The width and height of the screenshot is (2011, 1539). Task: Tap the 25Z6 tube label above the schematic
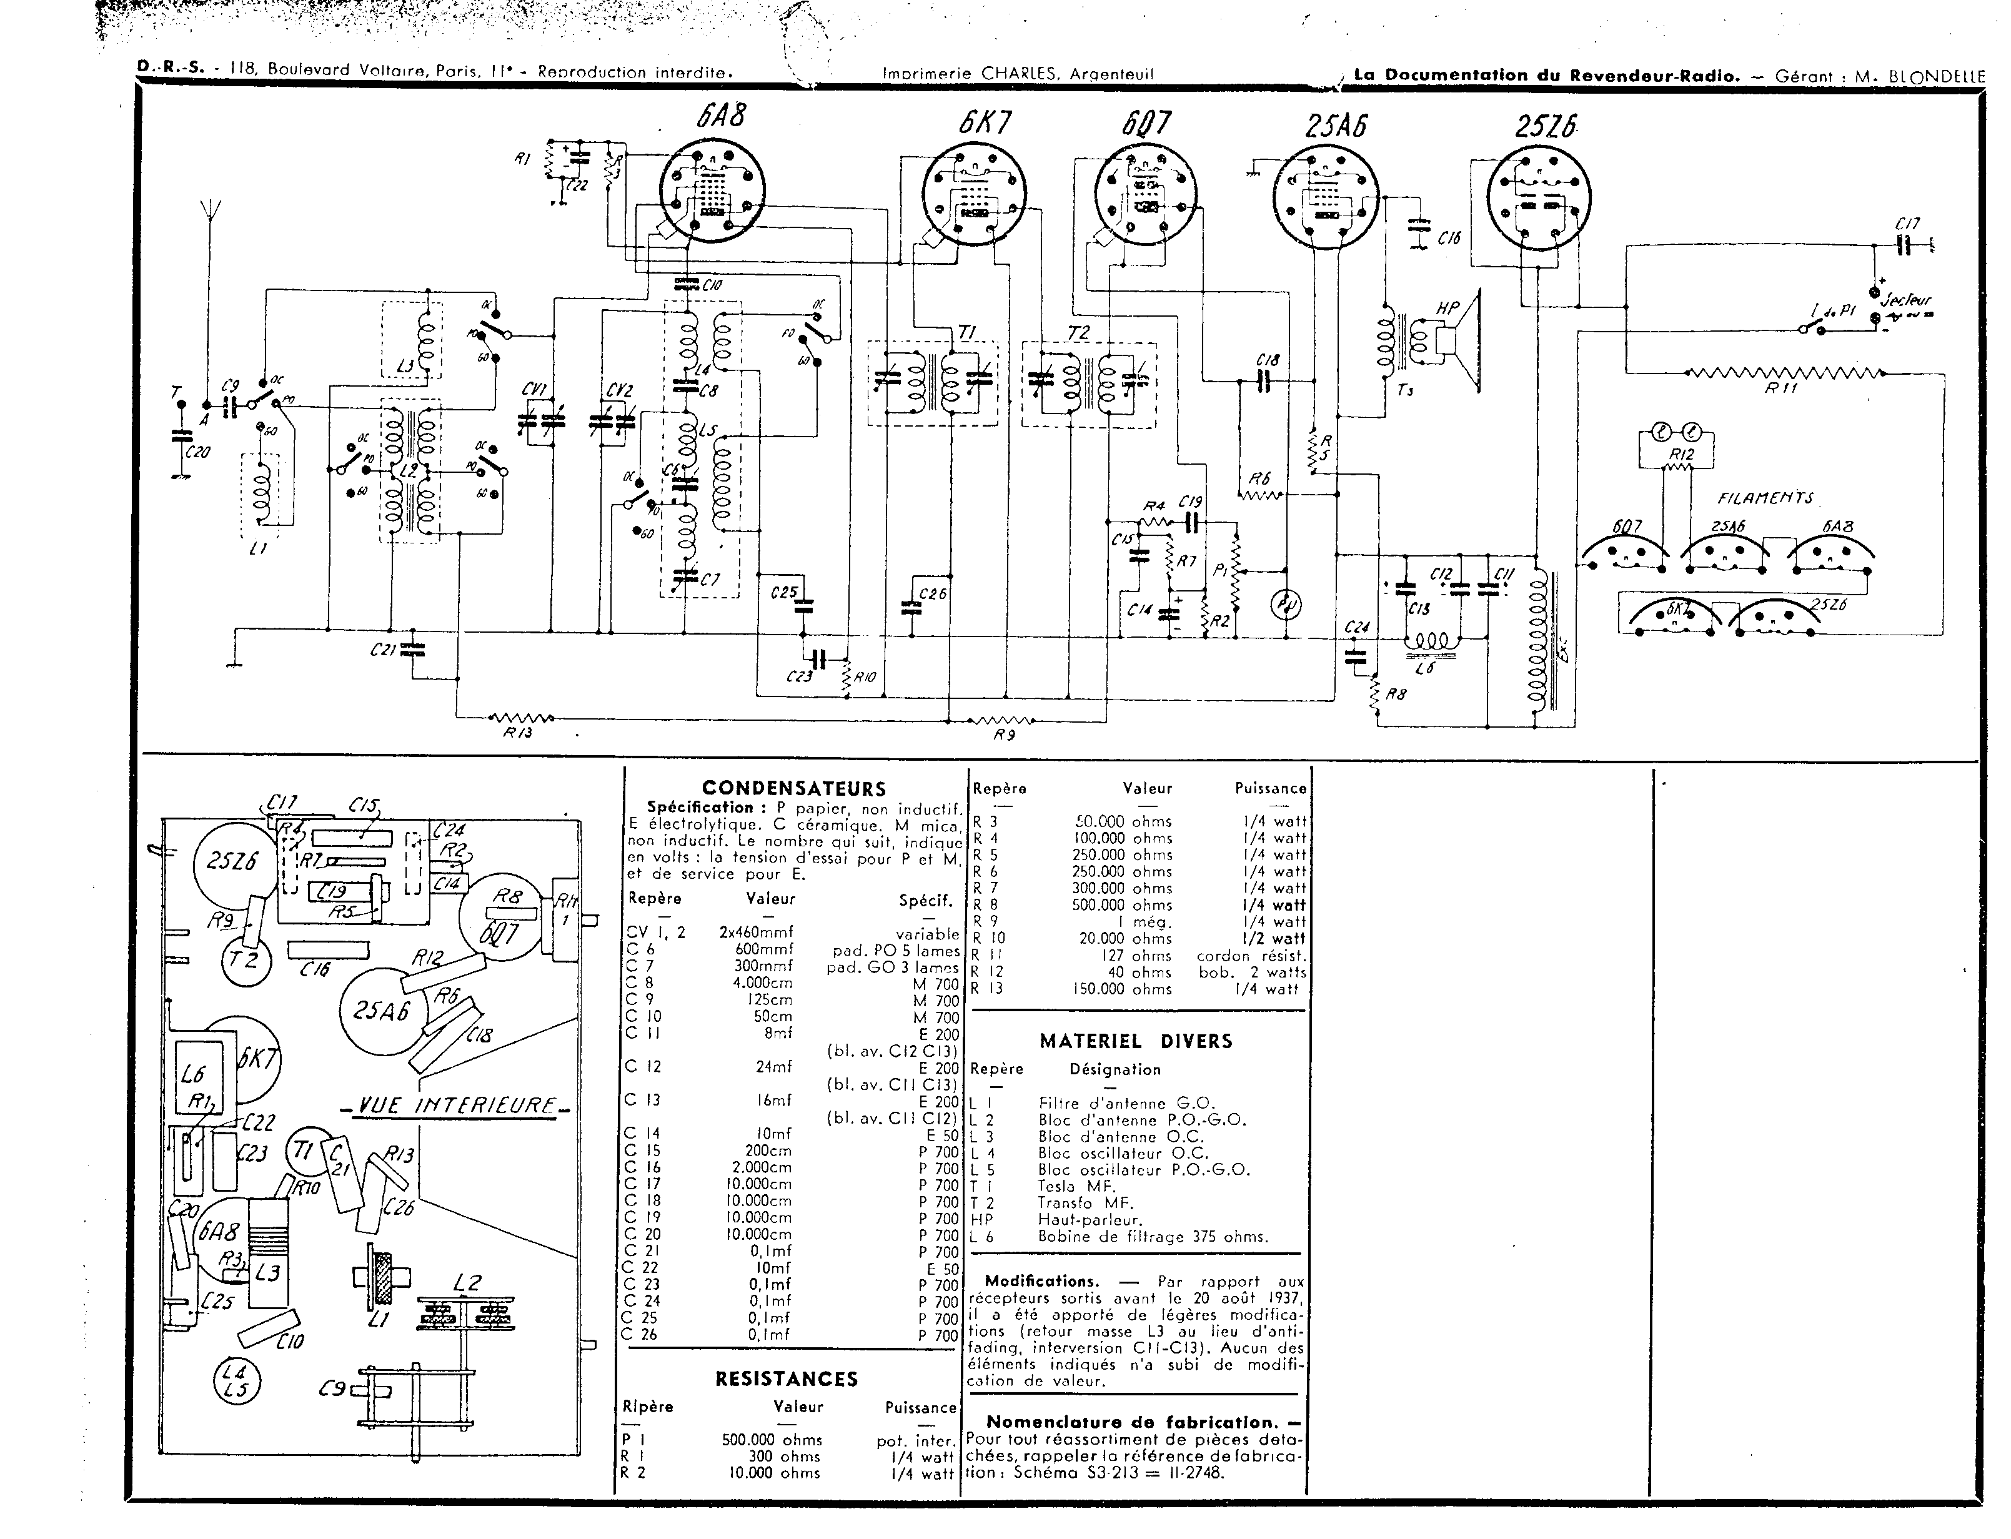(x=1546, y=126)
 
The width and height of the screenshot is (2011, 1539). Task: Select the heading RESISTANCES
(x=786, y=1378)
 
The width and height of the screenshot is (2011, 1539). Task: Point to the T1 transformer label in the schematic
(x=968, y=332)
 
